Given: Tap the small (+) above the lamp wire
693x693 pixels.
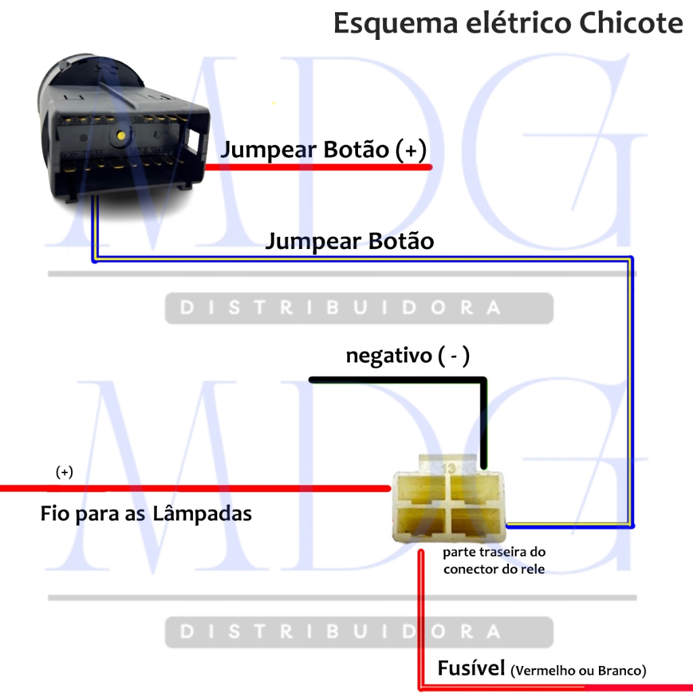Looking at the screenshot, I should pos(64,472).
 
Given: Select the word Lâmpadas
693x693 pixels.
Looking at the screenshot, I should pos(203,514).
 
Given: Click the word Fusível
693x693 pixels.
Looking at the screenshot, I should pos(471,669).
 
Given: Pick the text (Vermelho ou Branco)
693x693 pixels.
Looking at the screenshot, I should pos(579,671).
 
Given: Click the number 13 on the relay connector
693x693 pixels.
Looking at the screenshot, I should pos(448,467).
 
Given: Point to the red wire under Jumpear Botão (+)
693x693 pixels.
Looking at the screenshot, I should pos(318,166).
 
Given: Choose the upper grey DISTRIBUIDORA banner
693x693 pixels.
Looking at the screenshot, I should pos(359,308).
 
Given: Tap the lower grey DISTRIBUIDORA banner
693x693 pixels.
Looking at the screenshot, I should pos(359,632).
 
